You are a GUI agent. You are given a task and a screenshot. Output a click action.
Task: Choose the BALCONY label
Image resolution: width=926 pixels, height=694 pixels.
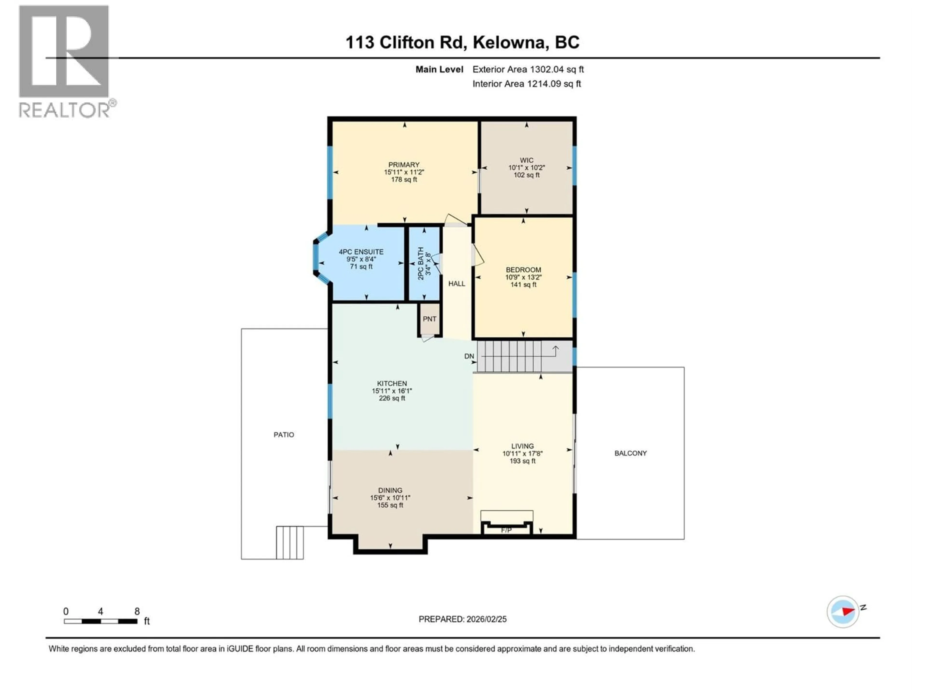click(x=630, y=453)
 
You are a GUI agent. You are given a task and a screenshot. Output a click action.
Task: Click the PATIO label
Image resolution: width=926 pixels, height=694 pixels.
click(x=284, y=435)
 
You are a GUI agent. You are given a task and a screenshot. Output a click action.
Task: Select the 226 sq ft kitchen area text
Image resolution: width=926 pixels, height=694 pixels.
click(x=392, y=398)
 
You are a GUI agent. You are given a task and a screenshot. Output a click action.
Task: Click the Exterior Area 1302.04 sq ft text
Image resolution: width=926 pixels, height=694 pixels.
click(x=528, y=69)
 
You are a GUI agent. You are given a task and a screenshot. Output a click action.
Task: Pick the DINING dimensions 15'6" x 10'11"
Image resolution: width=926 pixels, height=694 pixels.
click(x=390, y=498)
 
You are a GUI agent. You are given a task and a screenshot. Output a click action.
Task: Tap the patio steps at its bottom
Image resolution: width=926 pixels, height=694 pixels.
click(x=290, y=543)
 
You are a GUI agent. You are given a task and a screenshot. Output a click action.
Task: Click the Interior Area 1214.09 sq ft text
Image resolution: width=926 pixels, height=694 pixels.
click(x=527, y=84)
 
